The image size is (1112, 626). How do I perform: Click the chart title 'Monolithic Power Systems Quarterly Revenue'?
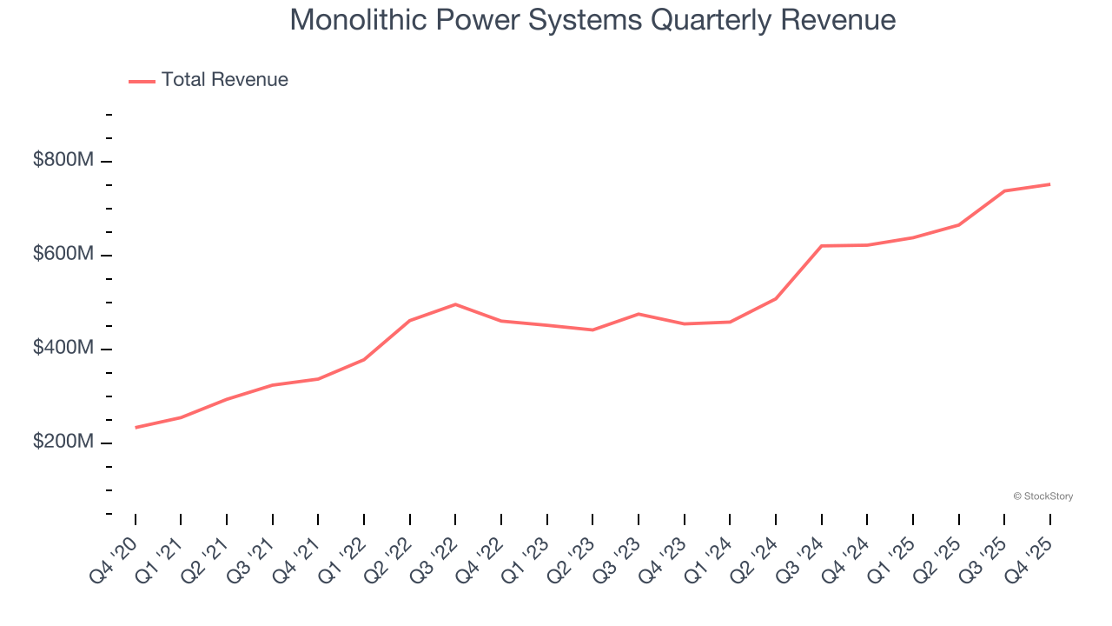592,19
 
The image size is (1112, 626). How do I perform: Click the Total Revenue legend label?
224,80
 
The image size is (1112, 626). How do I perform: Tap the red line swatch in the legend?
142,81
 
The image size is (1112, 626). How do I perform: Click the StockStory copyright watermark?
1042,496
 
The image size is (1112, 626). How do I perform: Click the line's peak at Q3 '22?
455,304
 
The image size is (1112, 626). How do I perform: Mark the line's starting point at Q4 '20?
136,428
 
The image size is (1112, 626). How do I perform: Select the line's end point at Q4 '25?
1049,184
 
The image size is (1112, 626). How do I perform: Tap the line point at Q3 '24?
821,246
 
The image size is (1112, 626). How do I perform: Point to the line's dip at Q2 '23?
592,330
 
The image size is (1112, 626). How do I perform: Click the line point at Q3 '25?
1004,191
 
